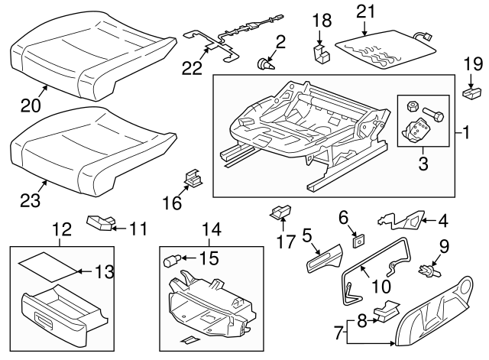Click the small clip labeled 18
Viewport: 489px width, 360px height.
[x=320, y=52]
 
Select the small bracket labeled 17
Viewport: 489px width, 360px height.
[x=281, y=212]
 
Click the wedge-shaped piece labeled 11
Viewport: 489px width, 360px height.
[x=99, y=222]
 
